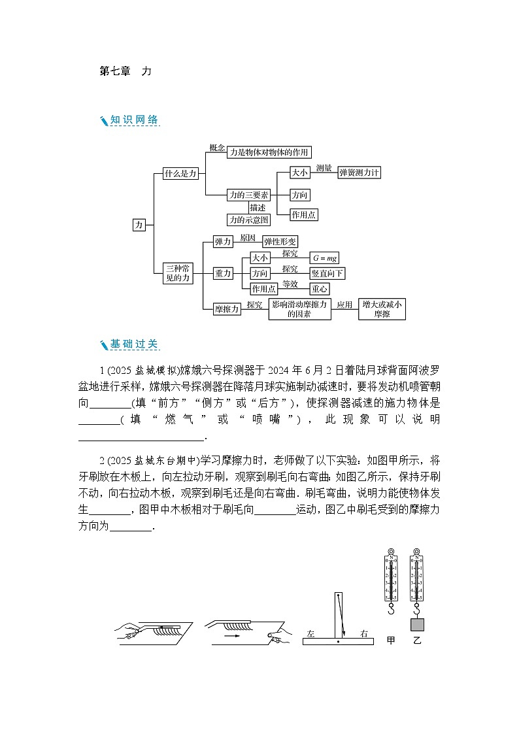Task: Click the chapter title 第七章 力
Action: click(125, 71)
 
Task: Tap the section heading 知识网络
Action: click(134, 120)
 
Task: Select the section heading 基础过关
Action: click(134, 344)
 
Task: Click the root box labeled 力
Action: click(139, 224)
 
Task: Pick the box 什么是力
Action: click(180, 174)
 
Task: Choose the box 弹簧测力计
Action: click(359, 173)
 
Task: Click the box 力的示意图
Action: click(248, 220)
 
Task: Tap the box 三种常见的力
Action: click(177, 273)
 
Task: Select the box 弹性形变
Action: click(280, 241)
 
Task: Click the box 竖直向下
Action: click(327, 273)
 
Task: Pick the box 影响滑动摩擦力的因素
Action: click(299, 309)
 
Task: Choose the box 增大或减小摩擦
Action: click(382, 309)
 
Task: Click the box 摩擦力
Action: click(227, 309)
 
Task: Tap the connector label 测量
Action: click(324, 168)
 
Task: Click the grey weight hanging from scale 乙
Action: click(416, 624)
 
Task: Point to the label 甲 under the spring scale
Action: click(391, 640)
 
